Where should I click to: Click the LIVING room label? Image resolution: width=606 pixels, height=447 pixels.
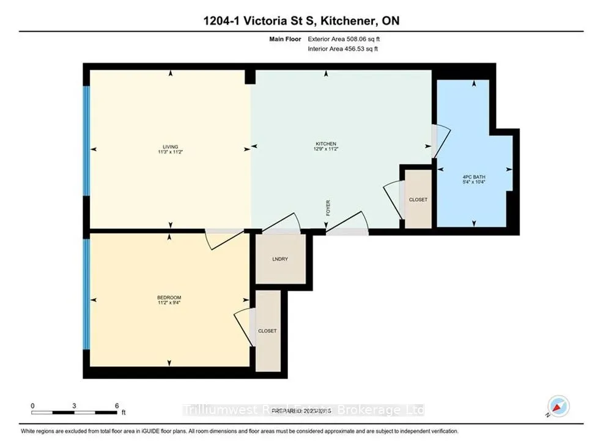[170, 147]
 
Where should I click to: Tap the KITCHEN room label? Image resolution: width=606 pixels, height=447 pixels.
[326, 144]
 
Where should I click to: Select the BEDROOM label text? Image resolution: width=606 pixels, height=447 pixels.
[169, 297]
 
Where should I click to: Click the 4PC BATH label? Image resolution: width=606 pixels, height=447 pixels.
[475, 177]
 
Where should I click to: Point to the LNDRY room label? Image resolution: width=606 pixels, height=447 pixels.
[280, 259]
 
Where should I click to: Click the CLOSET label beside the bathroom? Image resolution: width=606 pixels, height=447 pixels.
[418, 200]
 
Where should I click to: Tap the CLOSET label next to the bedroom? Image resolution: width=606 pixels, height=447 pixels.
[267, 331]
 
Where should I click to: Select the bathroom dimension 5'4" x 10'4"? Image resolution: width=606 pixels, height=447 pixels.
[475, 182]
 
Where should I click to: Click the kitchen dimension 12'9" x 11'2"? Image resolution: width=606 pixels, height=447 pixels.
[326, 149]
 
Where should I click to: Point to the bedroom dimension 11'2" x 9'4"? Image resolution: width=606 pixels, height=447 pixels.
[169, 302]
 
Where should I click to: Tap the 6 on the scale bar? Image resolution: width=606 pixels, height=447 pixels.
[116, 405]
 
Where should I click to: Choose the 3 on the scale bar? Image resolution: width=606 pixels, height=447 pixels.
[74, 405]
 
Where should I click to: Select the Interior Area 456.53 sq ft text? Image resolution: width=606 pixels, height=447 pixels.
[343, 49]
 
